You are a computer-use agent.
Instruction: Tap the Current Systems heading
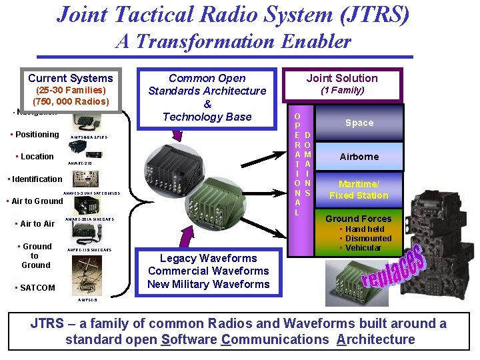point(71,78)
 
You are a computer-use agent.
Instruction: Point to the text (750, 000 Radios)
point(71,101)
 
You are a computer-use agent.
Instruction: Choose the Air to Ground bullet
point(34,201)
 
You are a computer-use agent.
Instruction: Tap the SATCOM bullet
point(35,287)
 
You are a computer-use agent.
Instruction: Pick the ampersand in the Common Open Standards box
point(207,104)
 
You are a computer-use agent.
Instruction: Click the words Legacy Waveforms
point(208,258)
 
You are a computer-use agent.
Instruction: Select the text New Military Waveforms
point(208,284)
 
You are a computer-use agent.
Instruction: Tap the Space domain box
point(359,123)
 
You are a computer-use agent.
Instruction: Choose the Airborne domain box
point(359,157)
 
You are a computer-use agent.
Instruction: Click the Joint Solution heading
point(342,78)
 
